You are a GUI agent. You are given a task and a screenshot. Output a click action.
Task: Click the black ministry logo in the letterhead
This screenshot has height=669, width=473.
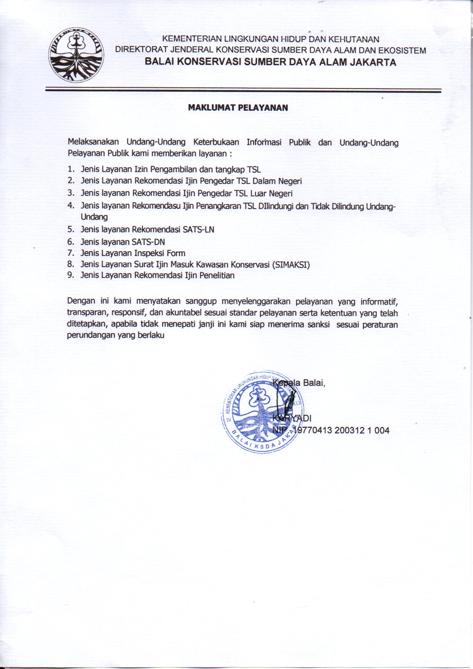point(77,55)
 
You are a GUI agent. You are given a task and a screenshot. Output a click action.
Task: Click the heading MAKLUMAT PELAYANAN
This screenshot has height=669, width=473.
point(238,108)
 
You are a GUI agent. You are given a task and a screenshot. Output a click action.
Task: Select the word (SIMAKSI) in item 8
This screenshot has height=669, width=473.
point(291,264)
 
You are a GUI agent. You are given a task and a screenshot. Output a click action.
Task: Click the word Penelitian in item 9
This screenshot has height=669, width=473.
point(216,275)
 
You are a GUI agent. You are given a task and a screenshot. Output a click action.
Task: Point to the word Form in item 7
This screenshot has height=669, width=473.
point(176,253)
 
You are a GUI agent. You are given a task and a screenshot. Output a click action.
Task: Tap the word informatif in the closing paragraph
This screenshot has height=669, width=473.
point(379,302)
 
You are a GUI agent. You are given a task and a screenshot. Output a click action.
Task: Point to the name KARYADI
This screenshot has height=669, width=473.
point(292,418)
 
